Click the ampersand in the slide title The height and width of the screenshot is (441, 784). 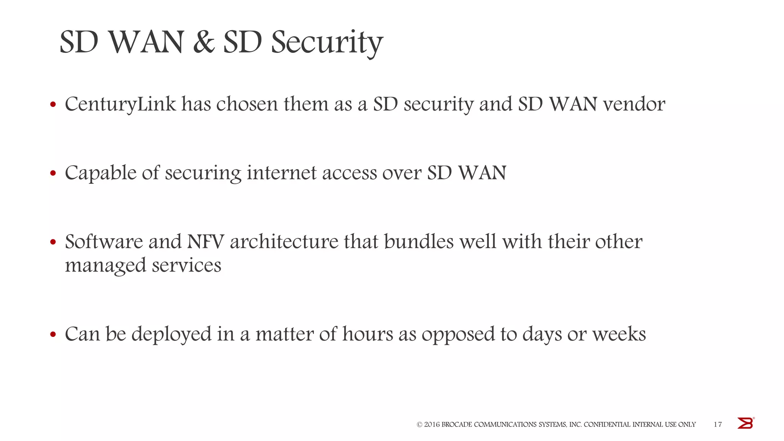point(204,42)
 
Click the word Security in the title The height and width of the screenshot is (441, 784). point(327,43)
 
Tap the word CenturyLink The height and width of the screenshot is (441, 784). point(120,104)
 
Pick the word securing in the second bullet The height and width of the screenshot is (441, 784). point(203,173)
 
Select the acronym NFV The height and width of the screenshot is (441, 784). point(205,242)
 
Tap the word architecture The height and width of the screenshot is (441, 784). point(284,242)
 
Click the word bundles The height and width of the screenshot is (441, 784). point(419,242)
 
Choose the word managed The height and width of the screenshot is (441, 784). point(106,266)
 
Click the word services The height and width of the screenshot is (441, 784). point(186,265)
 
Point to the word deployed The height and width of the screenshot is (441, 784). point(171,334)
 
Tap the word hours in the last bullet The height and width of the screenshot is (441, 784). point(367,334)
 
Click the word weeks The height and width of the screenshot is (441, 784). point(619,334)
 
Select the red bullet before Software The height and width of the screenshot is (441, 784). point(53,242)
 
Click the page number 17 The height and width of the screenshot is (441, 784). point(718,424)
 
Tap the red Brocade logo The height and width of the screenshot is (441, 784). point(745,423)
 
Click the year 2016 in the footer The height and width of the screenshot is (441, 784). point(432,425)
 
